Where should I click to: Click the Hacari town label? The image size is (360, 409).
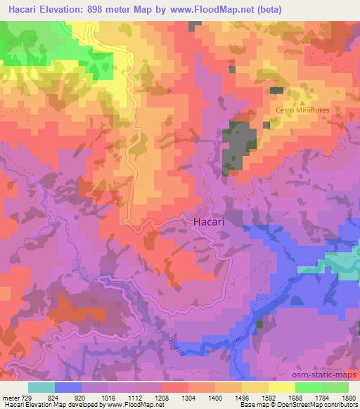pos(209,221)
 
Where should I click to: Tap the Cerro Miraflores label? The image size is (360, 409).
pos(303,110)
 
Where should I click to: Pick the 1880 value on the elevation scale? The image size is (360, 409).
pos(347,397)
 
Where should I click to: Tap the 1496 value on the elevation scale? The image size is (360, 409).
pos(243,397)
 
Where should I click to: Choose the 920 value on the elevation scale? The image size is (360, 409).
pos(82,397)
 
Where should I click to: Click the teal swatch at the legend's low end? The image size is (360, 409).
pos(41,387)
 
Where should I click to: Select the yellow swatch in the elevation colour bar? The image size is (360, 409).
pos(282,387)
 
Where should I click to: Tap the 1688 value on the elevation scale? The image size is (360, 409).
pos(295,397)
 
